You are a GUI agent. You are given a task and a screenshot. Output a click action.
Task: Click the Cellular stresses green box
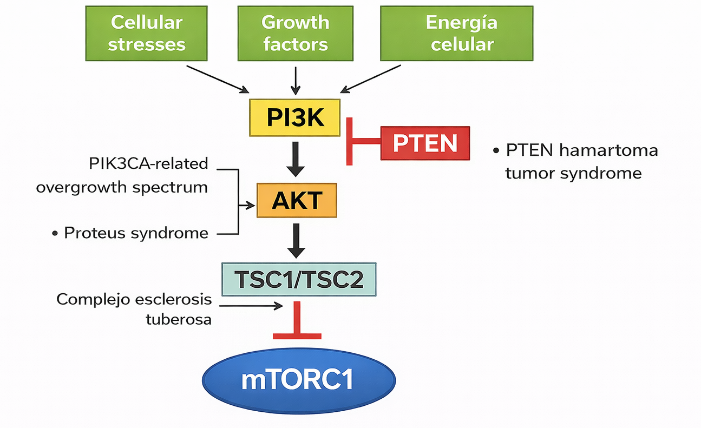[x=147, y=33]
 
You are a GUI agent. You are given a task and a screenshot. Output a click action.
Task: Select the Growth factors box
[x=295, y=33]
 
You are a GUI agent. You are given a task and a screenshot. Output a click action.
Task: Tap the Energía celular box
[x=461, y=33]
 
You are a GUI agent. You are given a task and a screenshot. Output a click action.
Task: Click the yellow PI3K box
[x=294, y=117]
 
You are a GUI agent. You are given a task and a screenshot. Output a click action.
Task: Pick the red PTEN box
[x=425, y=143]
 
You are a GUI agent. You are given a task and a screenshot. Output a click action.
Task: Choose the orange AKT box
[x=296, y=201]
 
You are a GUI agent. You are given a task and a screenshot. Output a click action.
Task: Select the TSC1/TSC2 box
[x=298, y=279]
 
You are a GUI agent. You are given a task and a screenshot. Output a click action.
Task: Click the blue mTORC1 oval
[x=298, y=380]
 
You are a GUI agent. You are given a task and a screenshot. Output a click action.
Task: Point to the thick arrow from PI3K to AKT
[x=296, y=159]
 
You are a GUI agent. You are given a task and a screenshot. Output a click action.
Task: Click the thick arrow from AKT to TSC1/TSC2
[x=296, y=240]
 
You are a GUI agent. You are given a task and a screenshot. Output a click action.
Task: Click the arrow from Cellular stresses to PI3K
[x=217, y=78]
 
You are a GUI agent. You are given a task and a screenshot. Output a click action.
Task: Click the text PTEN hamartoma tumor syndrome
[x=576, y=161]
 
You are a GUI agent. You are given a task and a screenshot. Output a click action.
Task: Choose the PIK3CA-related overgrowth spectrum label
[x=122, y=175]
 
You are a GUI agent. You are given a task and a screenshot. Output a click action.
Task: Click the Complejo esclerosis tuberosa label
[x=134, y=309]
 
